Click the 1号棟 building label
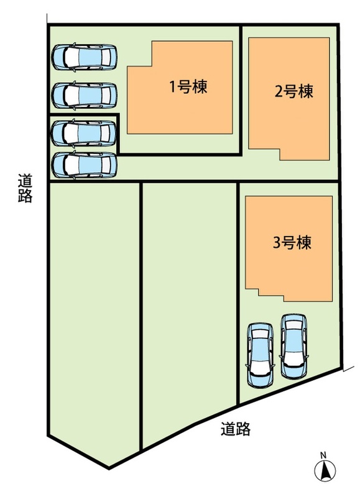click(x=189, y=86)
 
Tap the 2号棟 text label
click(x=294, y=91)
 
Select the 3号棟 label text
click(x=292, y=242)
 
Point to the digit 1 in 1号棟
click(x=173, y=87)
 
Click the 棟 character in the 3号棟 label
click(x=304, y=242)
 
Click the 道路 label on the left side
click(x=25, y=189)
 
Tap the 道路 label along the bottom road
click(x=236, y=429)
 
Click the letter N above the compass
click(x=323, y=455)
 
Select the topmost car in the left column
click(x=85, y=57)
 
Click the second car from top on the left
click(x=85, y=96)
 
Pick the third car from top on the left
click(x=84, y=133)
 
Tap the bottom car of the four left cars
click(x=85, y=165)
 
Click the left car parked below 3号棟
click(x=261, y=355)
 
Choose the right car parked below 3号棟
click(x=294, y=346)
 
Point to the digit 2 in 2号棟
click(x=278, y=91)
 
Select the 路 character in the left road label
click(x=25, y=196)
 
